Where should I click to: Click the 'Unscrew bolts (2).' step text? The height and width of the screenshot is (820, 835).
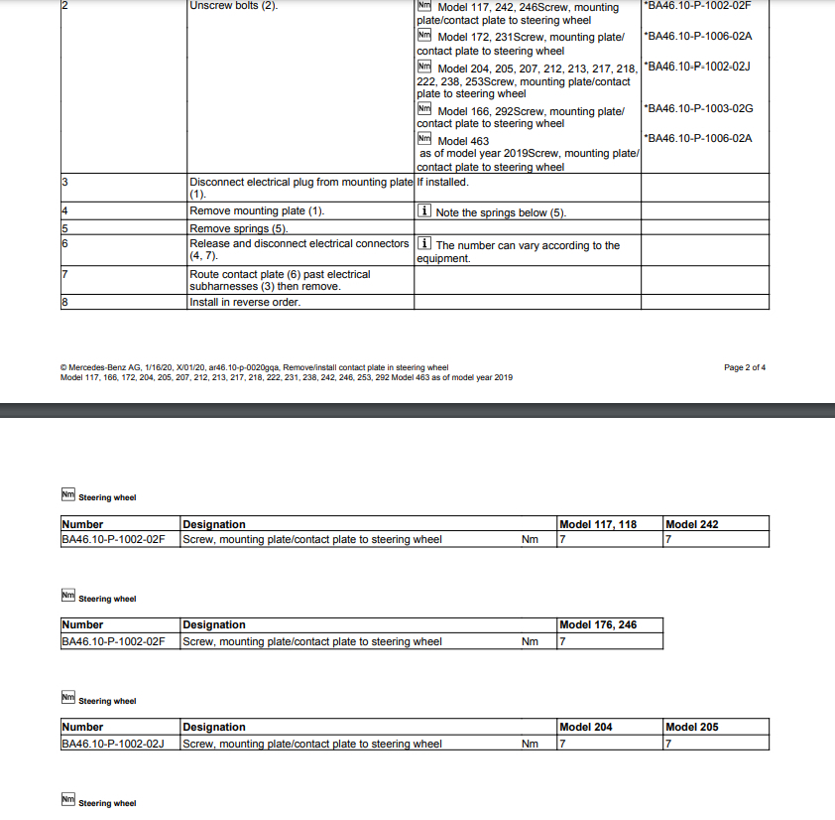point(233,6)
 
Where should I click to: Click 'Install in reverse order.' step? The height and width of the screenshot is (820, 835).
point(245,303)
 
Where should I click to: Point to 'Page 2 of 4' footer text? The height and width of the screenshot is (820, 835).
point(745,368)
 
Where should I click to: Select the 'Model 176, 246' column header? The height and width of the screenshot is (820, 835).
point(598,625)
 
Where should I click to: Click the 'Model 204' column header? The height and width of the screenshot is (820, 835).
point(586,728)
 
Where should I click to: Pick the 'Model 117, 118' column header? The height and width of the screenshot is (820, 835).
point(598,524)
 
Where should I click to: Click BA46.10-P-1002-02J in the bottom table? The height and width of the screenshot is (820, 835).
point(113,744)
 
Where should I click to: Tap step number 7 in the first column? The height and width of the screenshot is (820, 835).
point(64,274)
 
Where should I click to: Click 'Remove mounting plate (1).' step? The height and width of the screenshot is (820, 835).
point(257,211)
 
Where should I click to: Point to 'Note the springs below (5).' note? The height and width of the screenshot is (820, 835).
point(501,213)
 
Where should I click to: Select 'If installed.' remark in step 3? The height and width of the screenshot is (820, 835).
point(442,183)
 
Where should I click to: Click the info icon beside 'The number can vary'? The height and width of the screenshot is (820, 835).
point(424,244)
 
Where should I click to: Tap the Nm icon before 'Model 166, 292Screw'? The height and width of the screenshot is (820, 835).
point(424,109)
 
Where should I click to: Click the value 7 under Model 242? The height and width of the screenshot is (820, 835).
point(668,540)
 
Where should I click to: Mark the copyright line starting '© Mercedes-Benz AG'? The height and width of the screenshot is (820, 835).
point(254,368)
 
